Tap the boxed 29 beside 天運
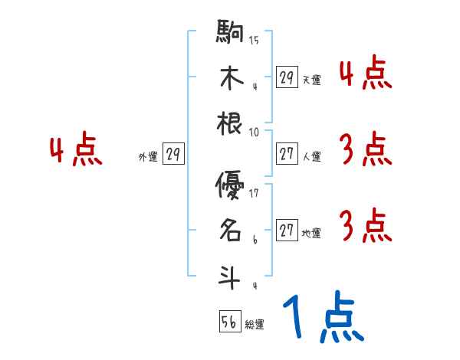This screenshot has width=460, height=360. coord(287,77)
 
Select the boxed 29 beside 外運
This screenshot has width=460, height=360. coord(173,155)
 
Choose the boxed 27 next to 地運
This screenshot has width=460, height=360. coord(287,231)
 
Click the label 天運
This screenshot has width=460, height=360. coord(311,80)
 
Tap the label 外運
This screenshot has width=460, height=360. coord(148,157)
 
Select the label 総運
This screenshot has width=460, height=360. coord(255,325)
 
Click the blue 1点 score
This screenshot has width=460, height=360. coord(323,318)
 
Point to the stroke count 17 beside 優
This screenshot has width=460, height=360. coord(254,194)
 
